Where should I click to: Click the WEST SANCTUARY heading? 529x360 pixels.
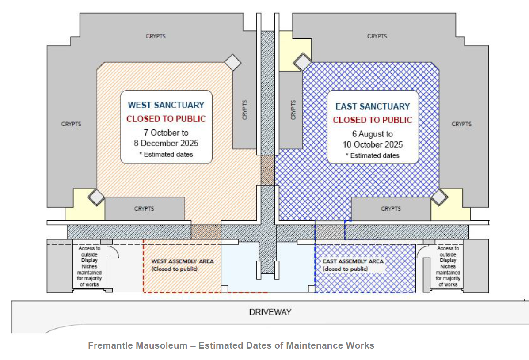point(166,105)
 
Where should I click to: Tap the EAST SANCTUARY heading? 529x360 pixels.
point(373,106)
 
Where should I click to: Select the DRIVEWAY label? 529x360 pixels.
point(270,312)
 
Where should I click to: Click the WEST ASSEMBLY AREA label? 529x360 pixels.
point(182,261)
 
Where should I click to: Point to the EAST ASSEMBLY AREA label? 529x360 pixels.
point(353,261)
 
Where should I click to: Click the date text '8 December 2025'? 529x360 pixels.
point(166,143)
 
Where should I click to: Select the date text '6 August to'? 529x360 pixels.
point(373,133)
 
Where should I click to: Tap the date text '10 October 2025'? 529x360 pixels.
point(373,144)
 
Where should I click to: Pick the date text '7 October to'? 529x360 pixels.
point(166,132)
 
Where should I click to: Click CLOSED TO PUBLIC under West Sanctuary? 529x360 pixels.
point(166,119)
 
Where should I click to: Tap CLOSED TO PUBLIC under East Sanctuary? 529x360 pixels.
point(373,120)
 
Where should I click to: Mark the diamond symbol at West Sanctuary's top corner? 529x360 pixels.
point(232,63)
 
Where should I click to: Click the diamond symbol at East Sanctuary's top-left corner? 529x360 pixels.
point(303,62)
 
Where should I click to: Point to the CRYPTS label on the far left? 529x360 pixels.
point(71,124)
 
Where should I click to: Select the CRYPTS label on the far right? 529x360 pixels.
point(461,124)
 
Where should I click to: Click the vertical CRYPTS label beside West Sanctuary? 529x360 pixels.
point(245,110)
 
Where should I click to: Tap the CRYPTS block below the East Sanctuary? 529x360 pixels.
point(391,209)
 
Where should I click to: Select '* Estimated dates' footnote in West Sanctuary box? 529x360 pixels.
point(166,154)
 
